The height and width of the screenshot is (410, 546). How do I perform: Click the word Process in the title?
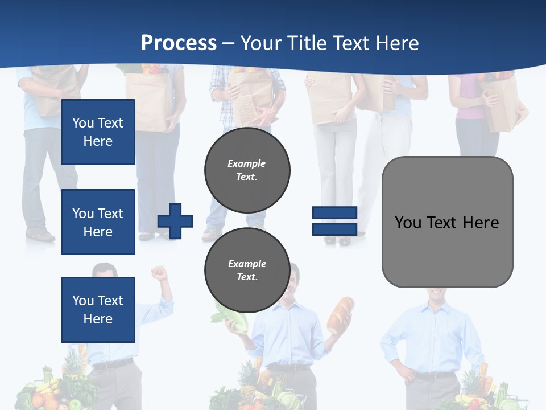(179, 43)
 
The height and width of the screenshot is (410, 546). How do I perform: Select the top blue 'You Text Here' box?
(98, 132)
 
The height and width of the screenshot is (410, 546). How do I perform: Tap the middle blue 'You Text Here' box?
(98, 222)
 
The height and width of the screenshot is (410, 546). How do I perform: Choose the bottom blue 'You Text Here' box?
(98, 309)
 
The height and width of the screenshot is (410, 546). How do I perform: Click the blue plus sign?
(175, 221)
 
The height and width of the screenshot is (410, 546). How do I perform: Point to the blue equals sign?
(334, 221)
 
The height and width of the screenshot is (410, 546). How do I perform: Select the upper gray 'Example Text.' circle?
(247, 170)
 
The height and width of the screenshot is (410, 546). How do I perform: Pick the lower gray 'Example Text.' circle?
(247, 270)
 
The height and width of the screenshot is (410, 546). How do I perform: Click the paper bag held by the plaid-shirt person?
(250, 97)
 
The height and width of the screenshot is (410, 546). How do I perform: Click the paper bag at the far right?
(500, 102)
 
